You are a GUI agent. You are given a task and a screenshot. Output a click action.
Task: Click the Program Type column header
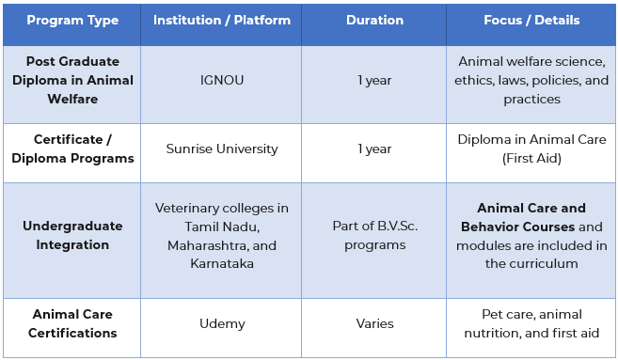pyautogui.click(x=72, y=21)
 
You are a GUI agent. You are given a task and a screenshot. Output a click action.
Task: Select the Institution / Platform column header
pyautogui.click(x=221, y=21)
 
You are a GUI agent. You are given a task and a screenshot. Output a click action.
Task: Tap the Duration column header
pyautogui.click(x=374, y=21)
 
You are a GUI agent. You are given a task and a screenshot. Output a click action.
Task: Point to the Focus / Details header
pyautogui.click(x=531, y=21)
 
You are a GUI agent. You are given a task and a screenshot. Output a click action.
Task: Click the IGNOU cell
pyautogui.click(x=221, y=81)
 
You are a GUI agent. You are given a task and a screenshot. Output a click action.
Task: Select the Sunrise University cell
pyautogui.click(x=221, y=149)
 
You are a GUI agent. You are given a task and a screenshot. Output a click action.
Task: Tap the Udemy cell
pyautogui.click(x=221, y=323)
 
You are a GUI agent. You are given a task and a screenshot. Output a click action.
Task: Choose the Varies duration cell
pyautogui.click(x=374, y=323)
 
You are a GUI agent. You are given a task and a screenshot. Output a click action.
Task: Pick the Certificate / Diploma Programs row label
pyautogui.click(x=72, y=149)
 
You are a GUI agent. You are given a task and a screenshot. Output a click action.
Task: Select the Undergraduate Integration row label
pyautogui.click(x=72, y=235)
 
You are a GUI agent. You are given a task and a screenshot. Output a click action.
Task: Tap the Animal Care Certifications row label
pyautogui.click(x=72, y=323)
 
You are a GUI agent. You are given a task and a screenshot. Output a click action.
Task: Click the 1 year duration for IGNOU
pyautogui.click(x=374, y=81)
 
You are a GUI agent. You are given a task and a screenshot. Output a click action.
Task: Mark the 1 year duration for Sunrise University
pyautogui.click(x=374, y=149)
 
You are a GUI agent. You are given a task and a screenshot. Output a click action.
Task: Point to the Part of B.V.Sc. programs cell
pyautogui.click(x=374, y=235)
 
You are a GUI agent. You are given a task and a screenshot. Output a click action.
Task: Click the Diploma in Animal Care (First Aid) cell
pyautogui.click(x=531, y=149)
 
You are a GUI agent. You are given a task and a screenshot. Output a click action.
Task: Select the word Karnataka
pyautogui.click(x=221, y=263)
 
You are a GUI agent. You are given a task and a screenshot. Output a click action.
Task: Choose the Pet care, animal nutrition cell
pyautogui.click(x=531, y=323)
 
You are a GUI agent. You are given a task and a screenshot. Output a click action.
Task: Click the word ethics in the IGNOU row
pyautogui.click(x=475, y=81)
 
